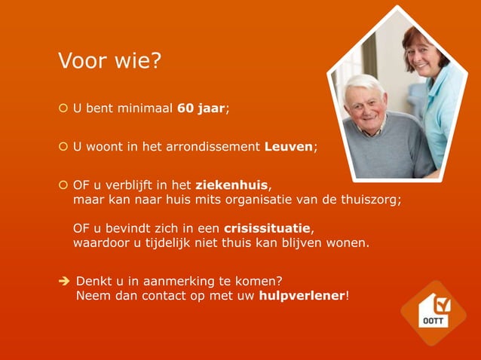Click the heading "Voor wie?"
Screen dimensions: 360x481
109,59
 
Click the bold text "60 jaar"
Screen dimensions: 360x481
201,108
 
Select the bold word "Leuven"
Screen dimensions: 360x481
288,146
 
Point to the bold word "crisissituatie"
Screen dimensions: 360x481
267,228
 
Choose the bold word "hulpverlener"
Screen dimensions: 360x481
302,295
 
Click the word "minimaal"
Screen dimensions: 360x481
147,108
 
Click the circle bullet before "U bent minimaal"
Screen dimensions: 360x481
63,109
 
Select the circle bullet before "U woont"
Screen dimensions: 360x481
63,147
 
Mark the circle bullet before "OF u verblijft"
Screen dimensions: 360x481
63,185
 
